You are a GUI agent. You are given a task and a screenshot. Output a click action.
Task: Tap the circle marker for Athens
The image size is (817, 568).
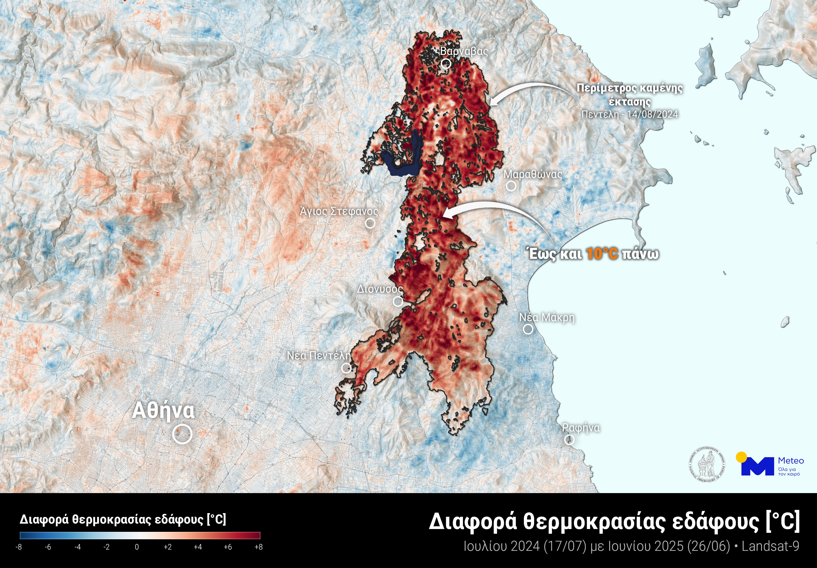182,434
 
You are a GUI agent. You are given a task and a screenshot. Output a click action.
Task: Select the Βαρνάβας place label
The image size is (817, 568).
464,51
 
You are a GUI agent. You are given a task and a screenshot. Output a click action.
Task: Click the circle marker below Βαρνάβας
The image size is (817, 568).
446,64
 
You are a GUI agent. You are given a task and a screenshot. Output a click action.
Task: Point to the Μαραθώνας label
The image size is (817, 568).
533,174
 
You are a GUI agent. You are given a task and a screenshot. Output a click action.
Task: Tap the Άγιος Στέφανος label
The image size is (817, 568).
339,211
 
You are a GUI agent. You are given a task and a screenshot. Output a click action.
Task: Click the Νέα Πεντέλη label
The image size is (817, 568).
319,355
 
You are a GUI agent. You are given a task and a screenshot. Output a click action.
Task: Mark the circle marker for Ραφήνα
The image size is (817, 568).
569,440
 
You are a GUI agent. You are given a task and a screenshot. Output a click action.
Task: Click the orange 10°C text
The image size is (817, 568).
602,254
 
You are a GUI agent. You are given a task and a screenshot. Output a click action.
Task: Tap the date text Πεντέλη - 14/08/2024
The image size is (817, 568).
629,114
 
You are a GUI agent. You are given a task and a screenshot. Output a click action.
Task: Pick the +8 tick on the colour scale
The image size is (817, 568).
259,547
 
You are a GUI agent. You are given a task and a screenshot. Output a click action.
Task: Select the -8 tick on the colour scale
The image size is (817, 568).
19,547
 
